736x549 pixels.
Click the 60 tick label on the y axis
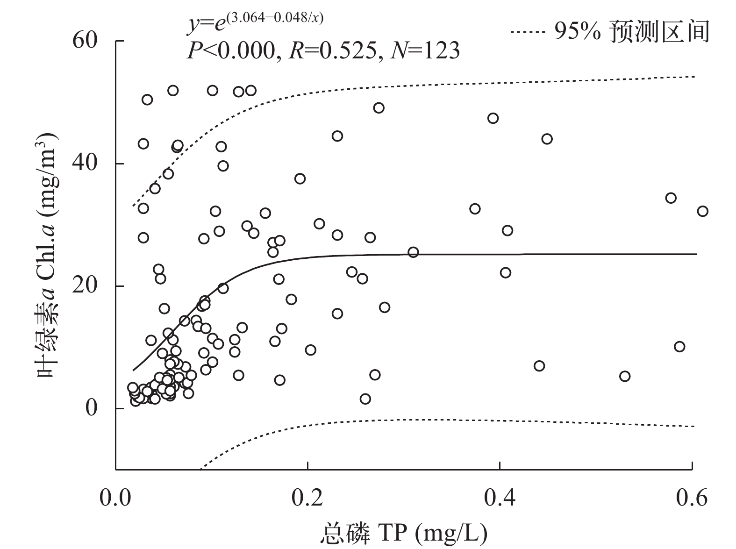(x=85, y=41)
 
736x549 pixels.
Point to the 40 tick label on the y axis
(x=85, y=164)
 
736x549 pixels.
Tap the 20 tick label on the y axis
(x=85, y=286)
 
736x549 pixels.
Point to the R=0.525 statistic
(x=332, y=50)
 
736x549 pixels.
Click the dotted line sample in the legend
(x=528, y=32)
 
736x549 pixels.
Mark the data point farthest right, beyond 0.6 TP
(x=702, y=211)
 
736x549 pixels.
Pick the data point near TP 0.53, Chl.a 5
(x=625, y=377)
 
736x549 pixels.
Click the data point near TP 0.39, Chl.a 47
(x=493, y=118)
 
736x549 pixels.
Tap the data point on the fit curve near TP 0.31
(x=413, y=252)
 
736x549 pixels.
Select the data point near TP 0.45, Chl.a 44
(x=547, y=139)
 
